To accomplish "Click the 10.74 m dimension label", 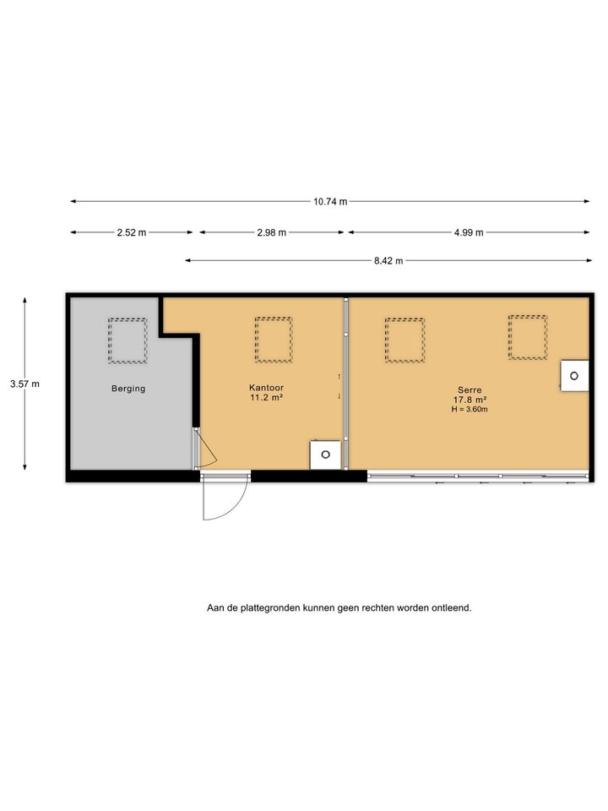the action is tap(330, 202).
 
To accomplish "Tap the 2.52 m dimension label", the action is tap(132, 233).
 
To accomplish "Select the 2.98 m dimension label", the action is tap(271, 233).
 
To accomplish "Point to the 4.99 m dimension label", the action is tap(469, 233).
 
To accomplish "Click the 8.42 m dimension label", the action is tap(388, 261).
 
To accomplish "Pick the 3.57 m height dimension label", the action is tap(24, 384).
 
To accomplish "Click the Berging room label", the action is tap(128, 389).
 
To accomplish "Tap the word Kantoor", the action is tap(266, 388).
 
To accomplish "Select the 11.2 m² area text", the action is tap(266, 398).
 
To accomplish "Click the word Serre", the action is tap(470, 390).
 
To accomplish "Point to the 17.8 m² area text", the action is tap(470, 400).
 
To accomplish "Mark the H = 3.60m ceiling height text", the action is tap(470, 409).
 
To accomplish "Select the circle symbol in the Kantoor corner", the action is tap(325, 454).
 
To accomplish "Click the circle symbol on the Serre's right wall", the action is tap(574, 376).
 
